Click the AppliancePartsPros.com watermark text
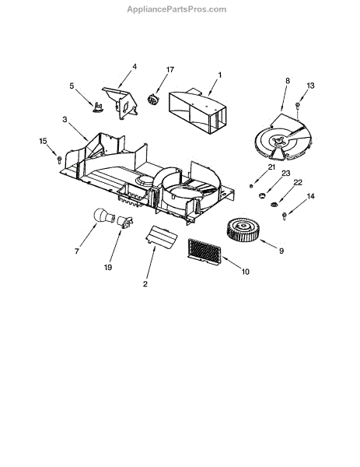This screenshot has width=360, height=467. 177,9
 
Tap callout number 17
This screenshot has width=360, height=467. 170,70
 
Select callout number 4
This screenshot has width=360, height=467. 135,67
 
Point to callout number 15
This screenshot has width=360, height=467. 43,141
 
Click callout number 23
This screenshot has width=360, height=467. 286,174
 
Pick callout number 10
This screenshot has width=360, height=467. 245,272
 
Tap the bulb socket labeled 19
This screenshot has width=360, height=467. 125,222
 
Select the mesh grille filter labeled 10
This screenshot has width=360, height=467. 204,250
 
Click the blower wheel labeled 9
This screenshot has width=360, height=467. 243,230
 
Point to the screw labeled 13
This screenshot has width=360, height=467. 298,106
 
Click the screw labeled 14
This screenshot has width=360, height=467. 285,216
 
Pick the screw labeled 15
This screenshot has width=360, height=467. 59,160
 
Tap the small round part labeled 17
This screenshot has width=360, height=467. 153,99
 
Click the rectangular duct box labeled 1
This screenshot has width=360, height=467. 197,111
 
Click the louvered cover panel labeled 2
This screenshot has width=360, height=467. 162,237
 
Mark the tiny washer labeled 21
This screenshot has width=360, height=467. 251,186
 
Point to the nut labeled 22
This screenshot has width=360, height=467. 274,204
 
